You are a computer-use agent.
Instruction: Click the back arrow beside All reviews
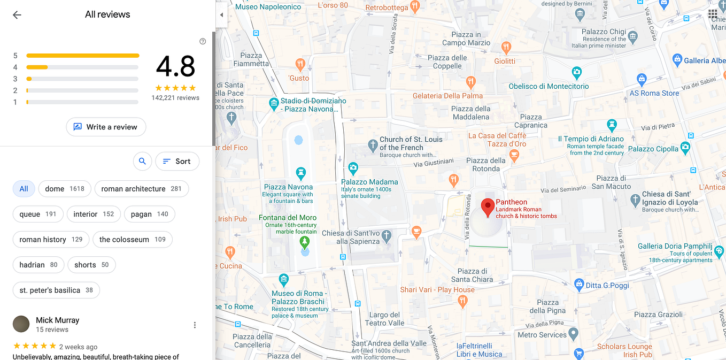coord(17,15)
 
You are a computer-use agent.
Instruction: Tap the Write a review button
coord(106,127)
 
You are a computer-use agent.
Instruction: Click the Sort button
coord(177,161)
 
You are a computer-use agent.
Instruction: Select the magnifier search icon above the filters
coord(142,161)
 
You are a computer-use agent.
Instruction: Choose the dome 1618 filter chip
coord(65,189)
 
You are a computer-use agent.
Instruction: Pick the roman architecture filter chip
coord(141,189)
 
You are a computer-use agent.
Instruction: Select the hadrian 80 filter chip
coord(38,265)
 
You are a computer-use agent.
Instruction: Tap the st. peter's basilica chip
coord(56,290)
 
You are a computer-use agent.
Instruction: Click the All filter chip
coord(24,189)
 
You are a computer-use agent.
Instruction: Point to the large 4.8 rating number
coord(175,67)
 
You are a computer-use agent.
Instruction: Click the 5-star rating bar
coord(82,56)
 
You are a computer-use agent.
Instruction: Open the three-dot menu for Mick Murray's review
coord(195,325)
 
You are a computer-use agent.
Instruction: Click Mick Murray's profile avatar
coord(21,324)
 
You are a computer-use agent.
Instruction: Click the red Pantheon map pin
coord(487,206)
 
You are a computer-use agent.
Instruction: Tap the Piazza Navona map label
coord(289,187)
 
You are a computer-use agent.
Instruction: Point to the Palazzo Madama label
coord(369,182)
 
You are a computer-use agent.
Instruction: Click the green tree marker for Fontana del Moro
coord(305,242)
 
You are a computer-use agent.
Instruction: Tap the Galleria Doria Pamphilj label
coord(675,247)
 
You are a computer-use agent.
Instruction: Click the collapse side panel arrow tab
coord(221,15)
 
